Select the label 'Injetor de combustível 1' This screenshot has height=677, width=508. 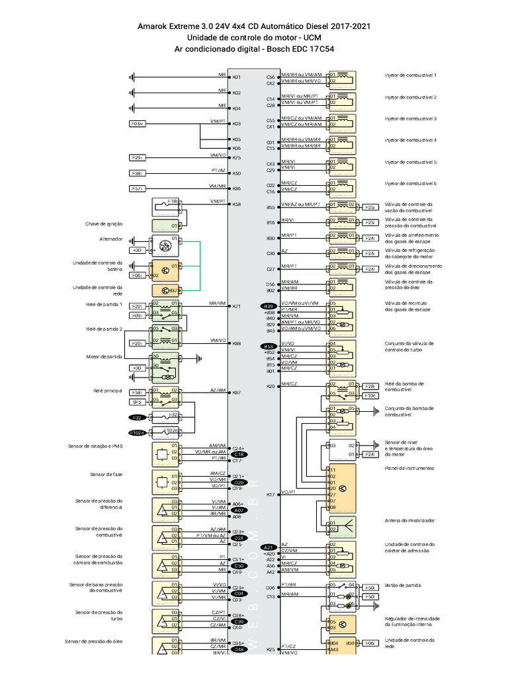coord(411,75)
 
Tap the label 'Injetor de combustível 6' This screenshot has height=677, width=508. coord(411,183)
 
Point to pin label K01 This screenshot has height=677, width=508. coord(236,77)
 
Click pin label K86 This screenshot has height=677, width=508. coord(236,189)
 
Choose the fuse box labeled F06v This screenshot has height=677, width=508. coord(137,124)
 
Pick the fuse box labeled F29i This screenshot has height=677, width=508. coord(137,157)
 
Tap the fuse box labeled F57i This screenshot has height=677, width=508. coord(137,188)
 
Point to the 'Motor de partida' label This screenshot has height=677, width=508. coord(105,356)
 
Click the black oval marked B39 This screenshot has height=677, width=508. coord(269,306)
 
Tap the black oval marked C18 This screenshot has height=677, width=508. coord(239,455)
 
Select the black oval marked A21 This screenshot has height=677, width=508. coord(269,547)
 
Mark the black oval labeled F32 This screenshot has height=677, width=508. coord(137,418)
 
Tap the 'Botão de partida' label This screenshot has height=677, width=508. coord(403,585)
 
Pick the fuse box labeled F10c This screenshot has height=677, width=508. coord(371,395)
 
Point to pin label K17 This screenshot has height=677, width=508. coord(270,494)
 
